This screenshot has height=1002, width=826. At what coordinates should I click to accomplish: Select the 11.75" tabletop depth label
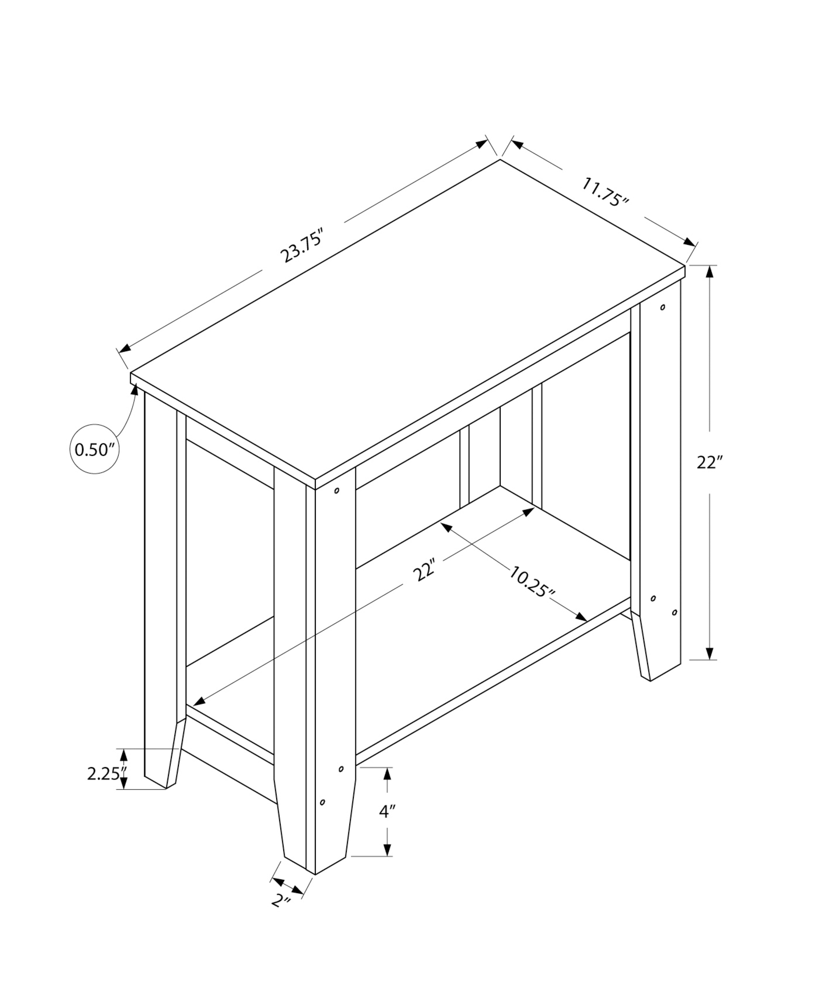[x=605, y=191]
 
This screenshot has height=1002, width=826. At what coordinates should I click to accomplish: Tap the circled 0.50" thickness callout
[x=95, y=449]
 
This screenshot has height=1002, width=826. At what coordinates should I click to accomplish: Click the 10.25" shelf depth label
[x=532, y=582]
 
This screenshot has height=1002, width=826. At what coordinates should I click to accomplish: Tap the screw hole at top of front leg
[x=337, y=490]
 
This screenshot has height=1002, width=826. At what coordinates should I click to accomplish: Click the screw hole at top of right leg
[x=663, y=307]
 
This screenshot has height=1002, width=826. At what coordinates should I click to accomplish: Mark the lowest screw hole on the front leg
[x=322, y=817]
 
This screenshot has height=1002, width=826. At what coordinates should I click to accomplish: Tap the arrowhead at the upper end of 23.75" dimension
[x=481, y=144]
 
